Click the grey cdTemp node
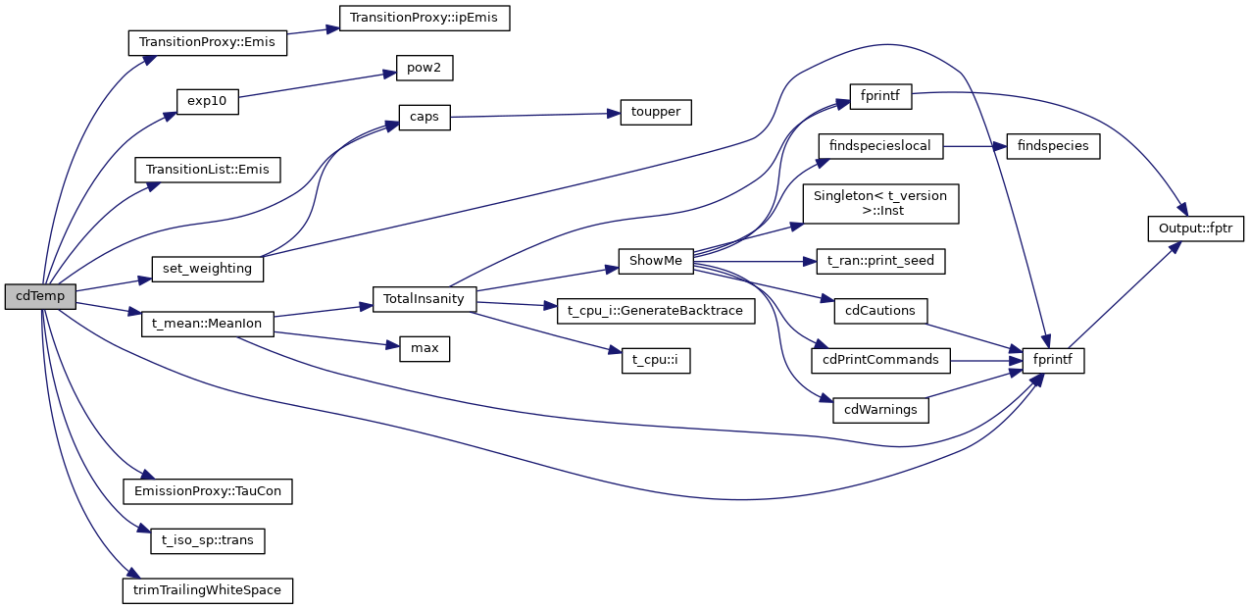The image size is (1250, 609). coord(40,296)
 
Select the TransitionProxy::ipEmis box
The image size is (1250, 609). coord(425,18)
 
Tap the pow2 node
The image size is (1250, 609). coord(425,69)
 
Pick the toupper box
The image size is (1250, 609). coord(656,112)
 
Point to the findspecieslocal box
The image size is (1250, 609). coord(880,146)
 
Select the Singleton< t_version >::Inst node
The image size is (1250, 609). coord(880,204)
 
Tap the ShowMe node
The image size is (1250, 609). coord(656,262)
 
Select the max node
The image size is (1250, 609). coord(425,348)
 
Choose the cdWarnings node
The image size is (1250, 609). coord(880,410)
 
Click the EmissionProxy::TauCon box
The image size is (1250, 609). coord(207,490)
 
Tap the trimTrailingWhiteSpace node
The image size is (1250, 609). coord(207,590)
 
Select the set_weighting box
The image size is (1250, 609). coord(207,268)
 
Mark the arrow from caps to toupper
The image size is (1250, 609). coord(534,115)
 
